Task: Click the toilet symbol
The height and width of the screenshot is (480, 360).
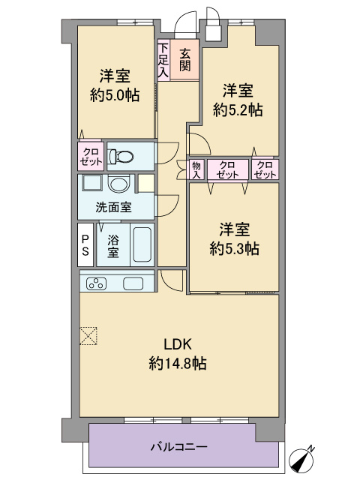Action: click(x=121, y=157)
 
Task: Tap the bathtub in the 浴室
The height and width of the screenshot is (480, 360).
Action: click(x=142, y=244)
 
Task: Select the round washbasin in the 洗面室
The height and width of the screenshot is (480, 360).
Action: click(x=119, y=184)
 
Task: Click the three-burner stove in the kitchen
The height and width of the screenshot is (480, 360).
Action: click(x=97, y=283)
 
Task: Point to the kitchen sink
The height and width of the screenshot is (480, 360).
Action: click(x=133, y=283)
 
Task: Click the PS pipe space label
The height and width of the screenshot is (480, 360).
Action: click(x=85, y=245)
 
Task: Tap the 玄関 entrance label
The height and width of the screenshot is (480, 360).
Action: click(x=184, y=60)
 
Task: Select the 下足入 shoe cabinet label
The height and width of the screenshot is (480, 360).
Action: click(x=163, y=60)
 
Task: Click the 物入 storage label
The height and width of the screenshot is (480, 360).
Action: click(x=196, y=170)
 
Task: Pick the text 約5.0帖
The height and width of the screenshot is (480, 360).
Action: click(x=115, y=95)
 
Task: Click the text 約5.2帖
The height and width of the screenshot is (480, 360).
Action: click(x=238, y=110)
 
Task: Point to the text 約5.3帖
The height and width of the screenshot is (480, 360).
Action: click(x=235, y=248)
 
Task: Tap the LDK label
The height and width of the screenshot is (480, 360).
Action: click(x=178, y=345)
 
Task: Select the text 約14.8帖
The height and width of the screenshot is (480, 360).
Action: click(x=178, y=364)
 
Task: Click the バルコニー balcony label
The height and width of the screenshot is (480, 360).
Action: click(x=178, y=447)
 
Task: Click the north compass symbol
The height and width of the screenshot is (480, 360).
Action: click(x=302, y=460)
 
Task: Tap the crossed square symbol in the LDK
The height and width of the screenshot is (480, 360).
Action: click(x=88, y=336)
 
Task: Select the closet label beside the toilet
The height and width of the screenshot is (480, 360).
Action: click(x=91, y=157)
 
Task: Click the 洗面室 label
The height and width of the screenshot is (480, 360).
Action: click(x=113, y=208)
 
